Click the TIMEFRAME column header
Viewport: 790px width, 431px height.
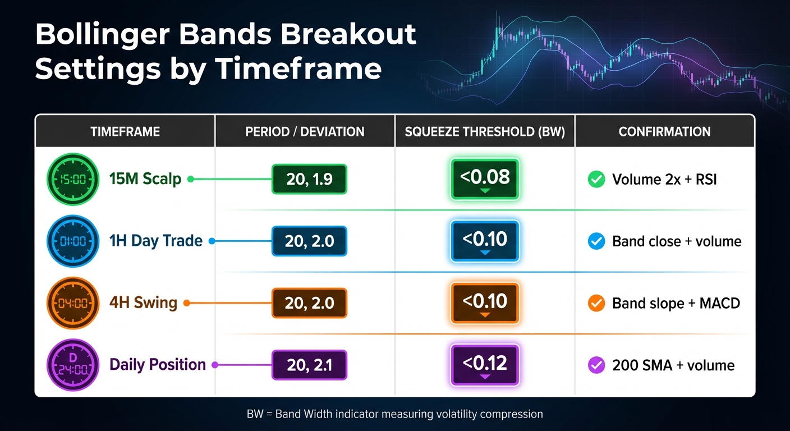click(125, 132)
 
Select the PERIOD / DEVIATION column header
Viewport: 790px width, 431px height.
click(305, 132)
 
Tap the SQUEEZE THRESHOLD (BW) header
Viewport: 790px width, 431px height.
click(485, 132)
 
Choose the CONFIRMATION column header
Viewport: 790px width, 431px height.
click(664, 132)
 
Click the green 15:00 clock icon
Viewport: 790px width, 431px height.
click(73, 180)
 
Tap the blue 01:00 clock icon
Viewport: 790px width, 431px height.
click(73, 241)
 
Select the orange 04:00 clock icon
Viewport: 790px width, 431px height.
click(73, 303)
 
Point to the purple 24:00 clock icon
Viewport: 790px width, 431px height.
click(73, 365)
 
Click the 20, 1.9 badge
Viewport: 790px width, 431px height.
click(309, 180)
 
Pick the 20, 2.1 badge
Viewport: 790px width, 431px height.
click(309, 365)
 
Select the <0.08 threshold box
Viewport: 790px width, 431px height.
click(485, 179)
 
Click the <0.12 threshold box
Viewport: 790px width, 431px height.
click(485, 365)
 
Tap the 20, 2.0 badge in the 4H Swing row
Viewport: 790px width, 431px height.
click(309, 304)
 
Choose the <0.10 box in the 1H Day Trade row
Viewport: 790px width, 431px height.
click(485, 241)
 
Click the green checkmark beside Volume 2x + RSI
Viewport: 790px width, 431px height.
click(595, 180)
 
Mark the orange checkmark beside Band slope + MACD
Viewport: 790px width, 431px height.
click(595, 304)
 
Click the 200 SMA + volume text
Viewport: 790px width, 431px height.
click(673, 365)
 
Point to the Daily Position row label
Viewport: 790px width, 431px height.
click(158, 365)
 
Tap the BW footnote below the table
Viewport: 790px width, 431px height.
click(394, 415)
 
